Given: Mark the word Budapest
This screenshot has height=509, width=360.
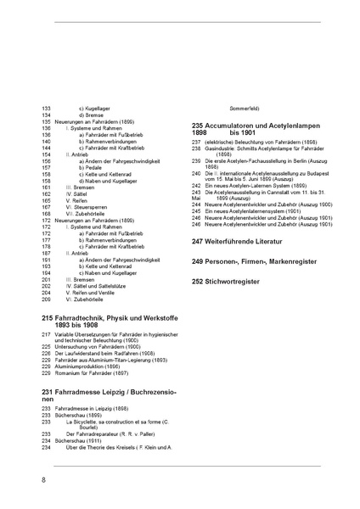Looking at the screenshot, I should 307,172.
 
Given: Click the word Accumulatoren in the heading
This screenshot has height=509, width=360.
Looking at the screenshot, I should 240,125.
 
